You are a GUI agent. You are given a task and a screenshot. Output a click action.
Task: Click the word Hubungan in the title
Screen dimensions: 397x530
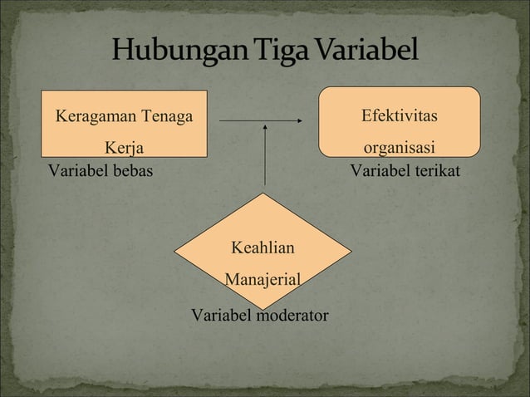(x=172, y=52)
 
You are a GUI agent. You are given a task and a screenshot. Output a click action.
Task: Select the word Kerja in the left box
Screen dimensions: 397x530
(x=124, y=149)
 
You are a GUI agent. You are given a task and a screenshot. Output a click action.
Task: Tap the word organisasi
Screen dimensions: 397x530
(x=400, y=150)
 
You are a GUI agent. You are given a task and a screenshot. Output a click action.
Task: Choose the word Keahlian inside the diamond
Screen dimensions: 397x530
(x=263, y=248)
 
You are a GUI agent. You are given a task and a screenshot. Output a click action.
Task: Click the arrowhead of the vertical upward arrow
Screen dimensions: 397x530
(x=265, y=128)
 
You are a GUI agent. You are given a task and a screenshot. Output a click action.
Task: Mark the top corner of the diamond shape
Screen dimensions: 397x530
(x=264, y=194)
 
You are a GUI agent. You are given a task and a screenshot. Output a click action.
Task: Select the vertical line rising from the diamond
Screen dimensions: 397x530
(x=265, y=158)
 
